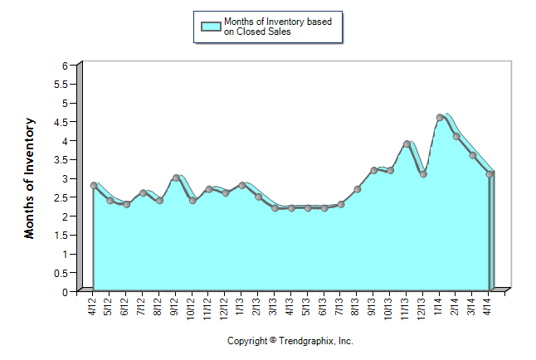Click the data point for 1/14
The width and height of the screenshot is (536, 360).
pyautogui.click(x=440, y=118)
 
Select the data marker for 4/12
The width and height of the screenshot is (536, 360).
pyautogui.click(x=94, y=186)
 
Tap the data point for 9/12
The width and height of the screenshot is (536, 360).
pyautogui.click(x=176, y=178)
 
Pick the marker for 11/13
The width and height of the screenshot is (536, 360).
pyautogui.click(x=407, y=144)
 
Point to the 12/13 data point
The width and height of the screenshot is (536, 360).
pyautogui.click(x=423, y=174)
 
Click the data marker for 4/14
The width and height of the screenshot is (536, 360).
pyautogui.click(x=490, y=174)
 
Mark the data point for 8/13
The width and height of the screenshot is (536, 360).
pyautogui.click(x=358, y=189)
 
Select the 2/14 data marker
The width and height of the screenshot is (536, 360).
pyautogui.click(x=456, y=137)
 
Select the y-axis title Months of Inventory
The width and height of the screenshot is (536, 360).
pyautogui.click(x=30, y=178)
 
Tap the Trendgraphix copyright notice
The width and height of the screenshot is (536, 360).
pyautogui.click(x=290, y=341)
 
